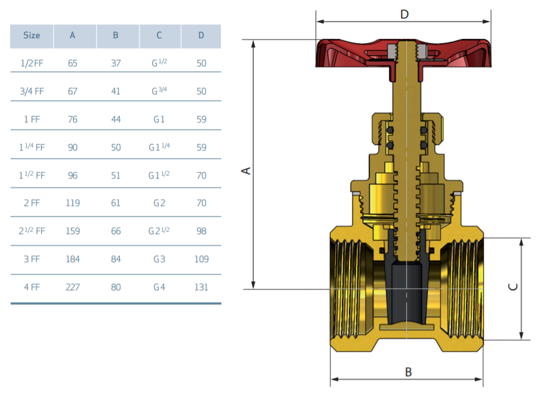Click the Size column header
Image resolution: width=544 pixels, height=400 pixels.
tap(32, 35)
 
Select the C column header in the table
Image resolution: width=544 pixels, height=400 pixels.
tap(159, 35)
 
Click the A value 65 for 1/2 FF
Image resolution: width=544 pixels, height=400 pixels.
tap(73, 63)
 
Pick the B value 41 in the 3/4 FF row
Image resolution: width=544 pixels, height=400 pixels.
tap(116, 91)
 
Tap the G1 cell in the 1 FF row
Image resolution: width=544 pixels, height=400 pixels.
tap(159, 119)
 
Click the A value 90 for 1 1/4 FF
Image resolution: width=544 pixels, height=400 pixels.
tap(73, 147)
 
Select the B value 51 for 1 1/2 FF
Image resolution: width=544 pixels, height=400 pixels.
tap(116, 176)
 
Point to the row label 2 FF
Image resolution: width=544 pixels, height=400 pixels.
tap(32, 203)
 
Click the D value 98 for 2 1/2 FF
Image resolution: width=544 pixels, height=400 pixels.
tap(201, 231)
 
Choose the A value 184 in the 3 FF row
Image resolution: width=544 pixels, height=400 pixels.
tap(73, 259)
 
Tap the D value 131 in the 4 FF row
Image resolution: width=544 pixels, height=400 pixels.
tap(201, 287)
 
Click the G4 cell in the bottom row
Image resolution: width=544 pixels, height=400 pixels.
tap(159, 287)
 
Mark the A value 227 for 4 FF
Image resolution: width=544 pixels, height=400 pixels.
tap(73, 287)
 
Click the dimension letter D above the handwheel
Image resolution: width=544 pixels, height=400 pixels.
tap(404, 14)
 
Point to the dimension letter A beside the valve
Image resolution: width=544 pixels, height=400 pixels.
tap(246, 171)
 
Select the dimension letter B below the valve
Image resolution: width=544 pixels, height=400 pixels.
tap(409, 372)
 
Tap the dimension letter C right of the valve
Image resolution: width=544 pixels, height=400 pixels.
tap(513, 287)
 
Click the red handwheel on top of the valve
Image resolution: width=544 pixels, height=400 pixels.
tap(403, 56)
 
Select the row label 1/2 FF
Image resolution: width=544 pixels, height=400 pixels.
tap(32, 63)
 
